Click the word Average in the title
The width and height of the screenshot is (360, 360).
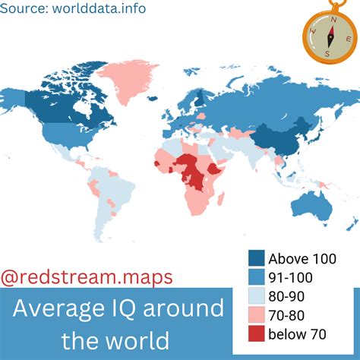click(x=61, y=310)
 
